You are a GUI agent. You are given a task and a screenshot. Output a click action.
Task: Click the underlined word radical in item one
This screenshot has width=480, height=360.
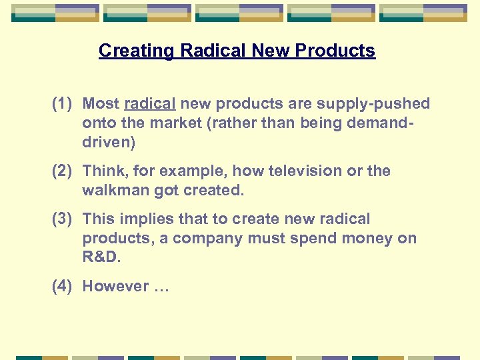coord(150,104)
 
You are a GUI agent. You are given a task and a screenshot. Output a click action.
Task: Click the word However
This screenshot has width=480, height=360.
coord(115,287)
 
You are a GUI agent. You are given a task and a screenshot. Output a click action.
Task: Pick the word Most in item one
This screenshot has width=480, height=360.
coord(101,104)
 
